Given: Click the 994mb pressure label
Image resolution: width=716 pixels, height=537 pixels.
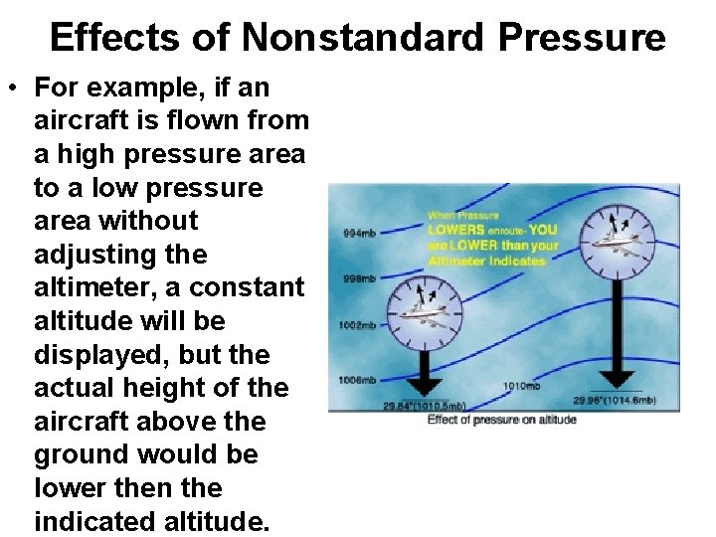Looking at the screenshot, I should click(x=358, y=233).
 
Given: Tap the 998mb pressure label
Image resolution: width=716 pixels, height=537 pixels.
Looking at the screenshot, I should click(x=358, y=278).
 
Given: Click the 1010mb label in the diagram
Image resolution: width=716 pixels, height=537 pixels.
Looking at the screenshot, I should click(x=523, y=386).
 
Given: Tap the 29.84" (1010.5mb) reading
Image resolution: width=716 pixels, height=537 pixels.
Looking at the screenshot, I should click(x=425, y=406).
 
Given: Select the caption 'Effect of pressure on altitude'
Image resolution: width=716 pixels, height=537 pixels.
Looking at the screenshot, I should click(x=501, y=420).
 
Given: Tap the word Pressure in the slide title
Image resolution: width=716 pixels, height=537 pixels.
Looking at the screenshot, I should click(x=582, y=38).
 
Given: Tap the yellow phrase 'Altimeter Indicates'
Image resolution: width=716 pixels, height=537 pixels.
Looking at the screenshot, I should click(x=487, y=261).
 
